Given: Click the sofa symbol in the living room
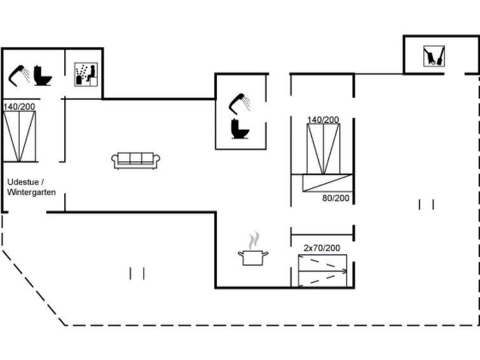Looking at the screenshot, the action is point(135,160).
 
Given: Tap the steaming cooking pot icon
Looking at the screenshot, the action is point(253,249).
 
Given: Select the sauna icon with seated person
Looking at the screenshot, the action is point(86,74).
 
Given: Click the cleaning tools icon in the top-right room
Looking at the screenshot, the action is point(434,56).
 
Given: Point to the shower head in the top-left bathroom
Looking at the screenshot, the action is point(19,76).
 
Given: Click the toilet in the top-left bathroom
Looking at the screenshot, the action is point(43,76).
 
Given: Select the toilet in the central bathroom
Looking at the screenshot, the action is point(240,128).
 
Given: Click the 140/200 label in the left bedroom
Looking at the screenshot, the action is point(19,107).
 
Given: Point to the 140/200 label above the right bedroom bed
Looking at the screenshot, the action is point(323,120).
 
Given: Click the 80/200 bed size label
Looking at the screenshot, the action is point(336,198).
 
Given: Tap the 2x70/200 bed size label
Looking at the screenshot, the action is point(322,247).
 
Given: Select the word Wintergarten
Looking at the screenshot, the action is point(31,193).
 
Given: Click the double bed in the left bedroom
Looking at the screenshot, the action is point(19,136).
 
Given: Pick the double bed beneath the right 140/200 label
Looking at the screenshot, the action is point(323,149).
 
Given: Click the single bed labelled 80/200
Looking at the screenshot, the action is point(327,183).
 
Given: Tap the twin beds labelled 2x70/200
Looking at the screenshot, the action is point(323,271).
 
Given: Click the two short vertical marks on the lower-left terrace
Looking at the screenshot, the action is point(137,273).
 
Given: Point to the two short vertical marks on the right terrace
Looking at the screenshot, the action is point(426,204).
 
